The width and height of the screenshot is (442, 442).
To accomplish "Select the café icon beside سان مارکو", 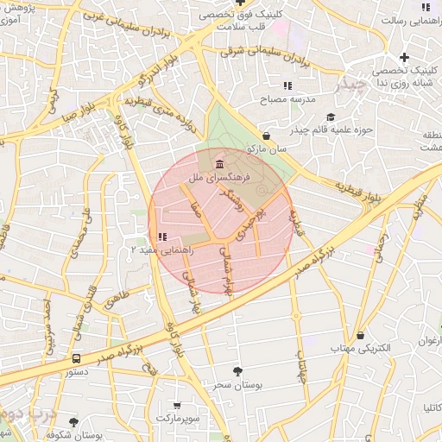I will (x=266, y=136).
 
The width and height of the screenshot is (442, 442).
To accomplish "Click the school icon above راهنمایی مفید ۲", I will (x=162, y=237).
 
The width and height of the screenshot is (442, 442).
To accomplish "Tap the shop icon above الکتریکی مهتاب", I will (x=360, y=336).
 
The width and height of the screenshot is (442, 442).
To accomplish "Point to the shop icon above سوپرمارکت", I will (x=177, y=406).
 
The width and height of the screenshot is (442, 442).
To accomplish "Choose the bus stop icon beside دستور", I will (x=77, y=358).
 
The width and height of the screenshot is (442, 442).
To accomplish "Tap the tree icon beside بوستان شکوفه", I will (x=73, y=422).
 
